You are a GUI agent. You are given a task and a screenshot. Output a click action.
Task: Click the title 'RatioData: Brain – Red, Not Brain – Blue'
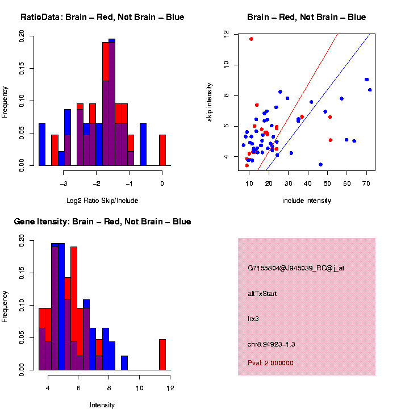click(102, 17)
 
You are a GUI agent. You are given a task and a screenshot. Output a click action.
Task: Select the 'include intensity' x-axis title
click(306, 200)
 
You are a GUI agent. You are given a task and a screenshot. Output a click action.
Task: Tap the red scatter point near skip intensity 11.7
click(251, 39)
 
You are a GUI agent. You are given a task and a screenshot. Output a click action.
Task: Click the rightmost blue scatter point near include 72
click(370, 90)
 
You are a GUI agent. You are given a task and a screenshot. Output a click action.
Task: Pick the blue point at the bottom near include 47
click(320, 165)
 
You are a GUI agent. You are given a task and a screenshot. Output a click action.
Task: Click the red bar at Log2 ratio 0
click(162, 150)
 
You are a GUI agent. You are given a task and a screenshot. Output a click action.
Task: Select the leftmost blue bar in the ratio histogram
click(42, 144)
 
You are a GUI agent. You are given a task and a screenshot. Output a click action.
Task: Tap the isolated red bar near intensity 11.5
click(162, 354)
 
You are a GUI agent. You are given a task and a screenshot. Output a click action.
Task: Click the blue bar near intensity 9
click(124, 363)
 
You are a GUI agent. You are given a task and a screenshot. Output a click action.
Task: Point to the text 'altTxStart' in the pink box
click(262, 294)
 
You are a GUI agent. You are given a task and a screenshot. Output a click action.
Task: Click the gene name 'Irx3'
click(253, 319)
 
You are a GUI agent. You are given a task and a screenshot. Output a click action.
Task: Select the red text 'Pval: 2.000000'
click(270, 362)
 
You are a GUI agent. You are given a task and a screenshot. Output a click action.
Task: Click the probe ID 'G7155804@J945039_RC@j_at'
click(295, 268)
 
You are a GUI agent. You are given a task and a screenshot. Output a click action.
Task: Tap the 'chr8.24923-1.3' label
click(272, 344)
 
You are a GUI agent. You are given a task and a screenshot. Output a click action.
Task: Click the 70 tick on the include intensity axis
click(366, 184)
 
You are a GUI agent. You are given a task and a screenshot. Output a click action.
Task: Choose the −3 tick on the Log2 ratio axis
click(64, 183)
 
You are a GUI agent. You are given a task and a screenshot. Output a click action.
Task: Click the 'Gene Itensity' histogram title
click(102, 222)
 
